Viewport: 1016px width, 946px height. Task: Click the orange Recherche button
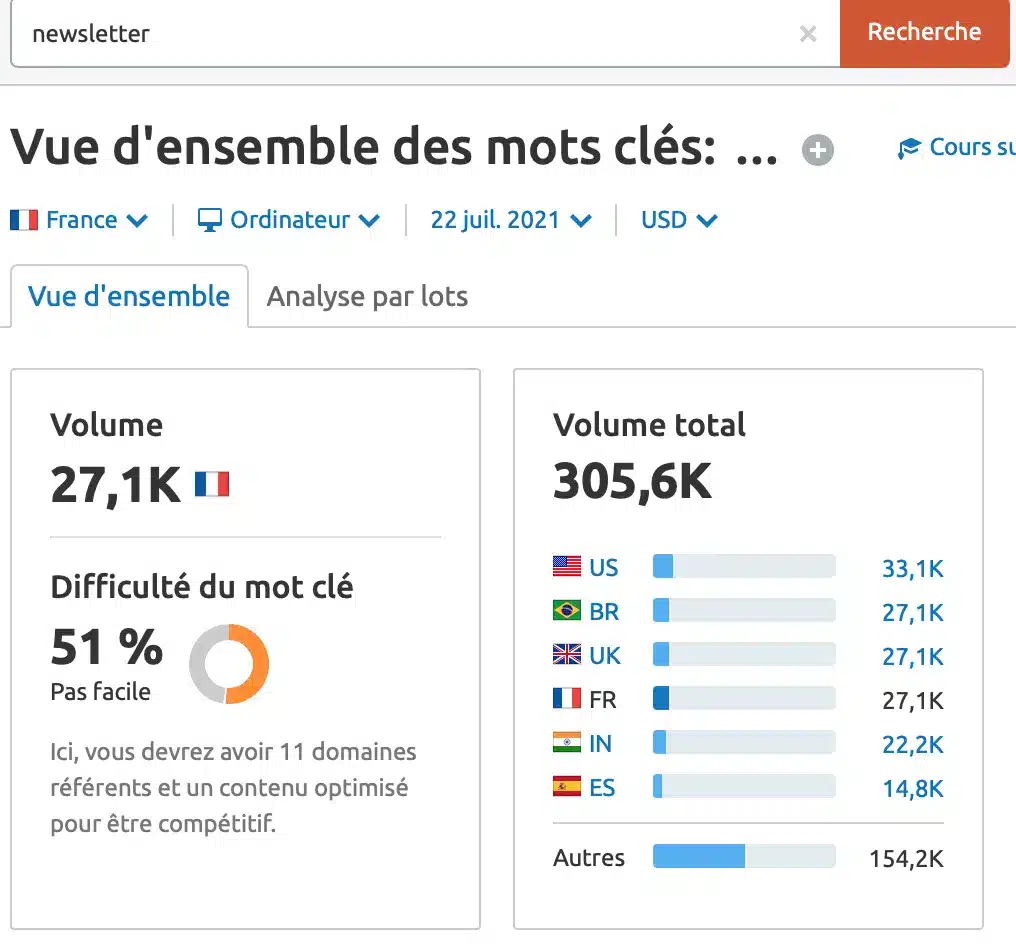click(x=923, y=33)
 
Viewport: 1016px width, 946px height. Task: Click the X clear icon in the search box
click(x=808, y=34)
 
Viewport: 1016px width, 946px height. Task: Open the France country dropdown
click(x=80, y=220)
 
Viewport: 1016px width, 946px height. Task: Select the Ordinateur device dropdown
click(x=289, y=220)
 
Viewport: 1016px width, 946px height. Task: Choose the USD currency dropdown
click(x=679, y=220)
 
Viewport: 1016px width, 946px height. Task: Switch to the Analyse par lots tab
click(x=367, y=296)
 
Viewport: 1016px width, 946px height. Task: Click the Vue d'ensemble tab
click(x=129, y=296)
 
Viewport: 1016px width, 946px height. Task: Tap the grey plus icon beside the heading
click(x=818, y=151)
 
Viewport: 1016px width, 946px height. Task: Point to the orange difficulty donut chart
click(x=229, y=664)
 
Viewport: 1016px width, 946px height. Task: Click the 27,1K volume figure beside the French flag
click(x=116, y=485)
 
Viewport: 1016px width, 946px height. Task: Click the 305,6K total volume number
click(x=632, y=483)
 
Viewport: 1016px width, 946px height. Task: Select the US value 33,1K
click(x=912, y=569)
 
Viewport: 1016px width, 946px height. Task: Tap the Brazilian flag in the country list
click(x=567, y=611)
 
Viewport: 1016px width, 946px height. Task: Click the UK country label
click(x=605, y=656)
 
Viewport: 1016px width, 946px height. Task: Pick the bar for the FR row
click(x=743, y=699)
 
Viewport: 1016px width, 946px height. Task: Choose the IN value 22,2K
click(x=912, y=744)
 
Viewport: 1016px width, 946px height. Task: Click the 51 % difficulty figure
click(x=106, y=648)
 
